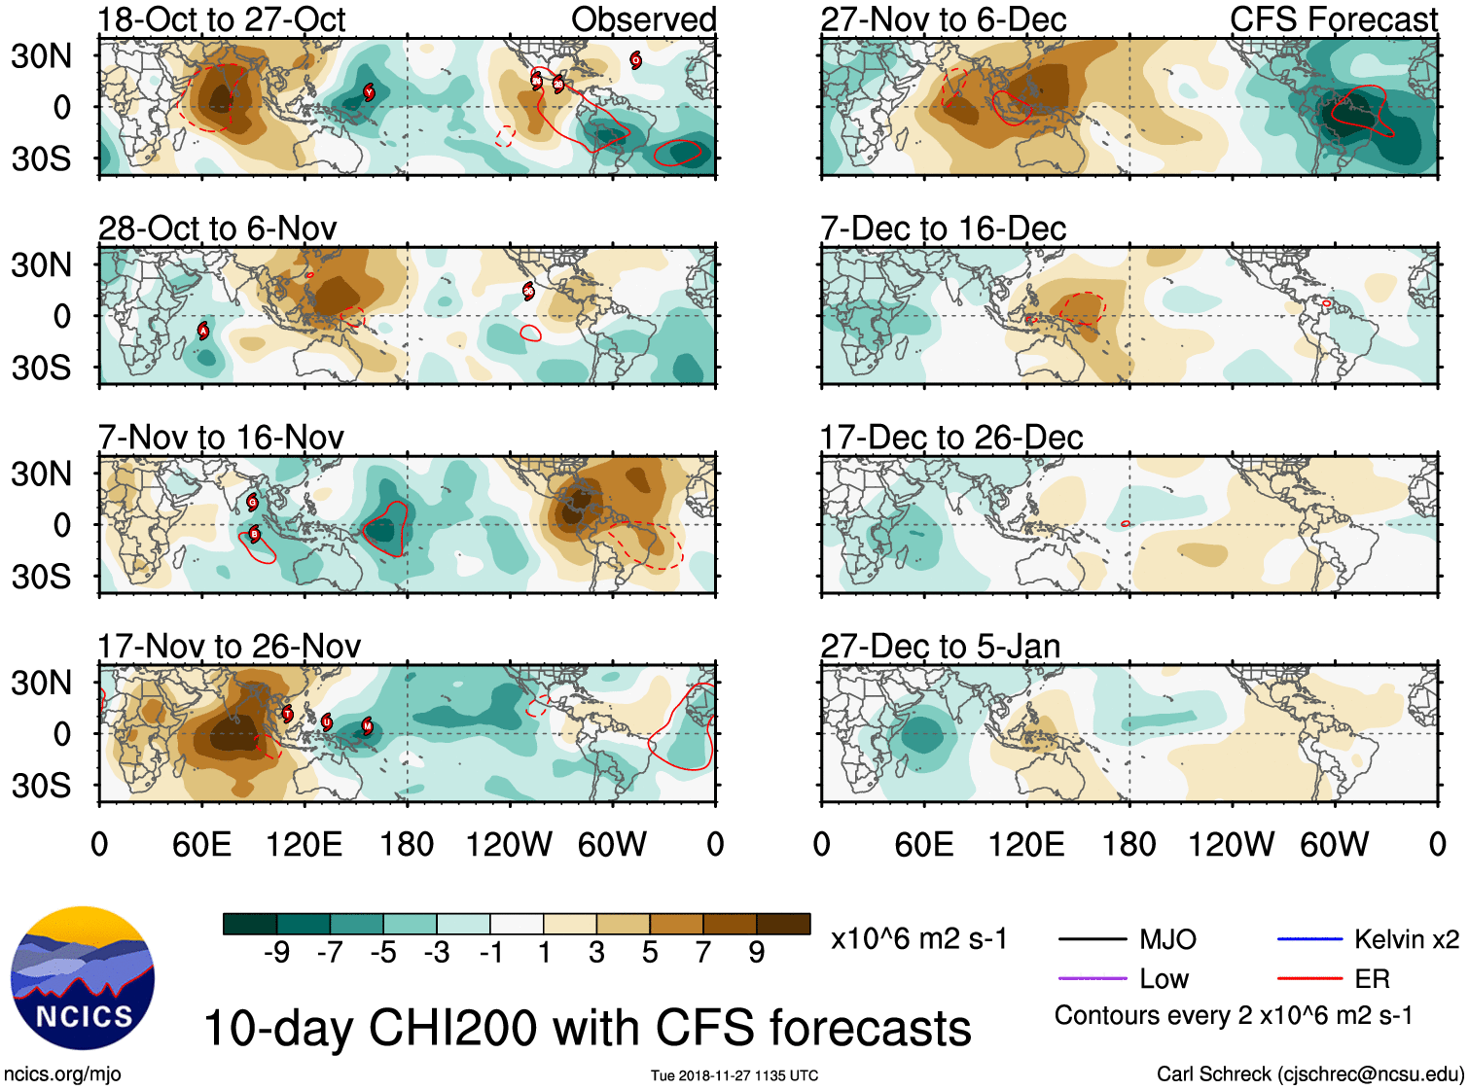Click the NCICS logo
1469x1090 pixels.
(x=83, y=977)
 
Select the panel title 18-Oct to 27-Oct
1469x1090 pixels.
(x=222, y=19)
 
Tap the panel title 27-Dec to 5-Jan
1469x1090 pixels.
(x=940, y=647)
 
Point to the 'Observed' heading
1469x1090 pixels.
(x=643, y=19)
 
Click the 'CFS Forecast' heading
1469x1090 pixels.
(x=1333, y=19)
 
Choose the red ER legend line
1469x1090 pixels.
(x=1309, y=978)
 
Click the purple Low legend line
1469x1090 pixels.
(x=1092, y=978)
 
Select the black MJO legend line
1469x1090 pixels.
(x=1092, y=939)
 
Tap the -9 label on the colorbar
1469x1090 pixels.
(x=276, y=953)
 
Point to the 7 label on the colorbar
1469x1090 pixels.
(x=703, y=953)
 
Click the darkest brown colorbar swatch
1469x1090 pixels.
(x=783, y=924)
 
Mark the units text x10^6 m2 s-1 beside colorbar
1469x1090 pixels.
(x=918, y=939)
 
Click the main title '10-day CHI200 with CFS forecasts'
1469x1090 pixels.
(x=587, y=1028)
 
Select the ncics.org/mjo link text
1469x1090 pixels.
(x=62, y=1073)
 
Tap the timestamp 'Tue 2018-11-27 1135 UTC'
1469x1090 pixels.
(x=734, y=1075)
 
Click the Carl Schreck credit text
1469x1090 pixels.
(x=1309, y=1073)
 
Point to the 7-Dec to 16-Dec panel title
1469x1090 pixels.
(x=943, y=229)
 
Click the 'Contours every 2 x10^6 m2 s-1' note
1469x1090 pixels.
(x=1233, y=1016)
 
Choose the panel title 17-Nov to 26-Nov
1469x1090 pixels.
(x=229, y=647)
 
